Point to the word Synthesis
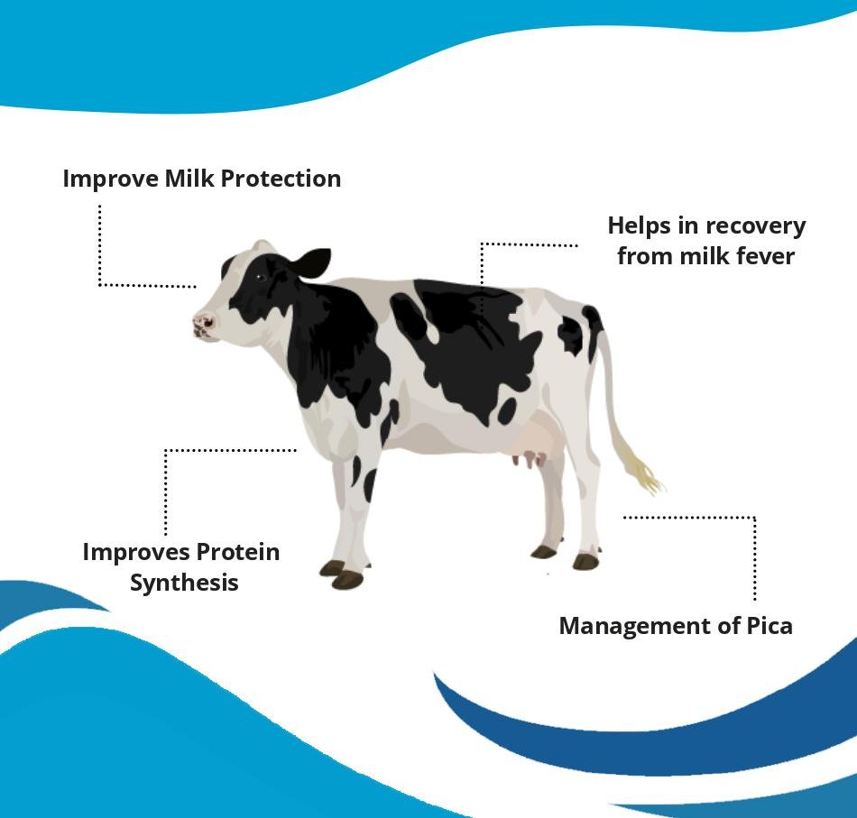pos(184,583)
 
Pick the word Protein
pos(238,552)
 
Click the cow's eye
pos(262,278)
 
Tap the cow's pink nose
pos(203,324)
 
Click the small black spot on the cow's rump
pos(571,334)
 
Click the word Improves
pos(136,553)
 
